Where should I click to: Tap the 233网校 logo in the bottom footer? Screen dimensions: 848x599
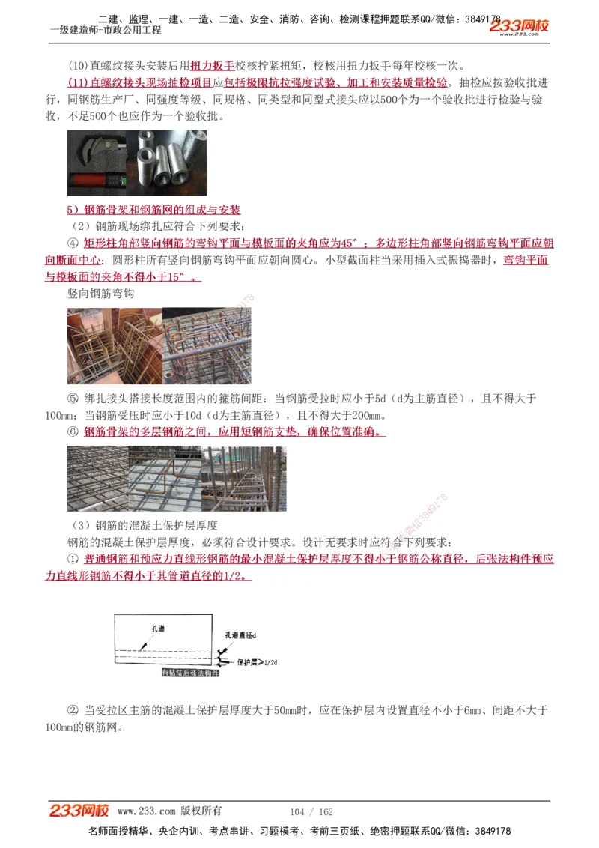pyautogui.click(x=79, y=811)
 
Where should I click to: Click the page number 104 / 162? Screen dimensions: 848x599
pyautogui.click(x=311, y=812)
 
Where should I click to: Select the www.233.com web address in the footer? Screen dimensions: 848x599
pyautogui.click(x=147, y=811)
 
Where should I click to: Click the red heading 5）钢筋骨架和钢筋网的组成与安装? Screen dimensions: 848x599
pyautogui.click(x=153, y=210)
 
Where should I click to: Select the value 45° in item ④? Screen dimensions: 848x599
pyautogui.click(x=350, y=243)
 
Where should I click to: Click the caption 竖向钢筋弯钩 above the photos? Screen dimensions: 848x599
pyautogui.click(x=100, y=294)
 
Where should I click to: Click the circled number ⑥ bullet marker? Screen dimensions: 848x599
pyautogui.click(x=73, y=432)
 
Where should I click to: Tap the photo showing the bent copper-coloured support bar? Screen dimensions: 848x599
pyautogui.click(x=165, y=479)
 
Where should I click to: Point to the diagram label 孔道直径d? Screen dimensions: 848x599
pyautogui.click(x=240, y=635)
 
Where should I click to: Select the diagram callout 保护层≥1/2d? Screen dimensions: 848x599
pyautogui.click(x=258, y=662)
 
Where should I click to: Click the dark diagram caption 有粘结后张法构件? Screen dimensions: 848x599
pyautogui.click(x=191, y=673)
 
